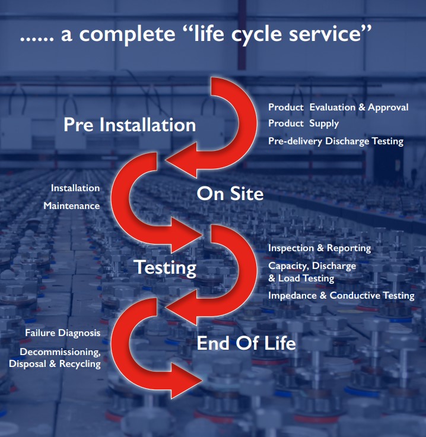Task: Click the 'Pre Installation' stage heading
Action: pyautogui.click(x=129, y=125)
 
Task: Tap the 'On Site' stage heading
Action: pyautogui.click(x=230, y=194)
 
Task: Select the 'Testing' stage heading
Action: pyautogui.click(x=165, y=267)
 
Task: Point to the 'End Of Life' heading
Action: pyautogui.click(x=246, y=343)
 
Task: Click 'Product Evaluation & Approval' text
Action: pyautogui.click(x=338, y=107)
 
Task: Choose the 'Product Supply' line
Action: pyautogui.click(x=303, y=123)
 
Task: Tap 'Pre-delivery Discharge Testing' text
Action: pyautogui.click(x=336, y=141)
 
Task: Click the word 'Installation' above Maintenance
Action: pyautogui.click(x=75, y=188)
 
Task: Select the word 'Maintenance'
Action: pyautogui.click(x=71, y=205)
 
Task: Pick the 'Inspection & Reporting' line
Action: pyautogui.click(x=319, y=248)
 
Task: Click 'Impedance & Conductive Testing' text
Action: pyautogui.click(x=341, y=296)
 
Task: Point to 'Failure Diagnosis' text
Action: pyautogui.click(x=63, y=332)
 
